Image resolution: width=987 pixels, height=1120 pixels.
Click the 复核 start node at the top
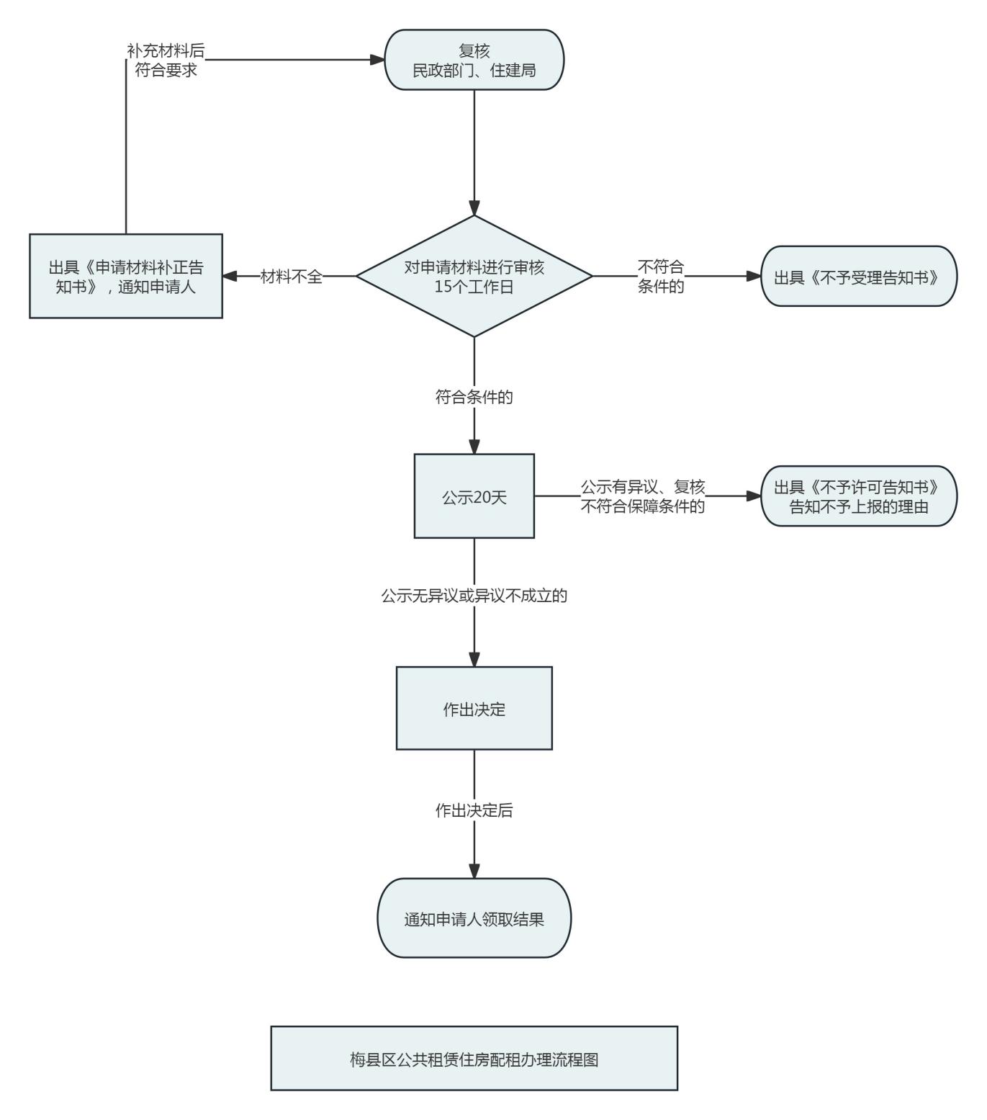tap(474, 60)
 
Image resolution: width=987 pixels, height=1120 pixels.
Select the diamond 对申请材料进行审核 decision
tap(474, 276)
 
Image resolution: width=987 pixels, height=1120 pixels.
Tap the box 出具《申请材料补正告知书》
tap(126, 276)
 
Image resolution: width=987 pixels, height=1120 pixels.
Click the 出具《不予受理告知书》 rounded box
tap(859, 277)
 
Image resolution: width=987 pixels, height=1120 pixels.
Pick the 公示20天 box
tap(474, 496)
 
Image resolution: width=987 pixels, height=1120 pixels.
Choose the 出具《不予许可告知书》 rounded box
tap(859, 496)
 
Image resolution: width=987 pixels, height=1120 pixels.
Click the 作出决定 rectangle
tap(474, 709)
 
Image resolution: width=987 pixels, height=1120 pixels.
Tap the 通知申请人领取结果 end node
tap(474, 918)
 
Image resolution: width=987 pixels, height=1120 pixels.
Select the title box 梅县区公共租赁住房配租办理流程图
tap(474, 1059)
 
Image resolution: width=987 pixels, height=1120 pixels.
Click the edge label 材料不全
tap(291, 276)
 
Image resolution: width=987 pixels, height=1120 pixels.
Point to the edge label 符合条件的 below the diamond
tap(474, 397)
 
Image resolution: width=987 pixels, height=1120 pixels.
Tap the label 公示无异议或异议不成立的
tap(474, 596)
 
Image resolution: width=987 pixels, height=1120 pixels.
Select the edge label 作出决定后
tap(474, 810)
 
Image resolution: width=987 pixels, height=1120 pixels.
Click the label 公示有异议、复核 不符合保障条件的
tap(643, 497)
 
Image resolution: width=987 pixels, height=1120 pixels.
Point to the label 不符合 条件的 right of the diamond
tap(660, 277)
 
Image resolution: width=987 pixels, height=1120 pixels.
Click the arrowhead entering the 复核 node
tap(377, 60)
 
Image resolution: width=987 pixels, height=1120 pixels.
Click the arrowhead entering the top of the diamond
tap(474, 208)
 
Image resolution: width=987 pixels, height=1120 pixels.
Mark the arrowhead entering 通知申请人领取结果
tap(474, 871)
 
